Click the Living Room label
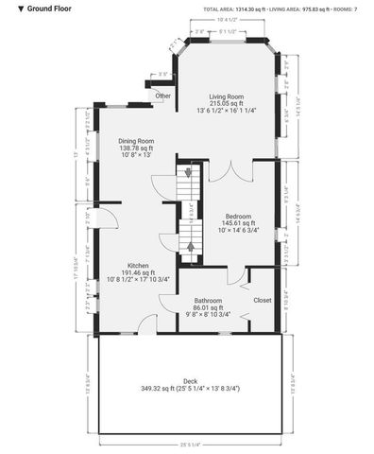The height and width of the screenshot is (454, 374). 227,96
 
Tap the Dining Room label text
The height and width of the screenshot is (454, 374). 136,141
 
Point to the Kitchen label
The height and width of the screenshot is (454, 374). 137,266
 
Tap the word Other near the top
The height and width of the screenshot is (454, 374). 163,96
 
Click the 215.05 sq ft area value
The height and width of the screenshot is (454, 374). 227,103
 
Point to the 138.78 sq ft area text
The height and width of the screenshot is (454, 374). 136,148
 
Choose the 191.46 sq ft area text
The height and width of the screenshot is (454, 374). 137,273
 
